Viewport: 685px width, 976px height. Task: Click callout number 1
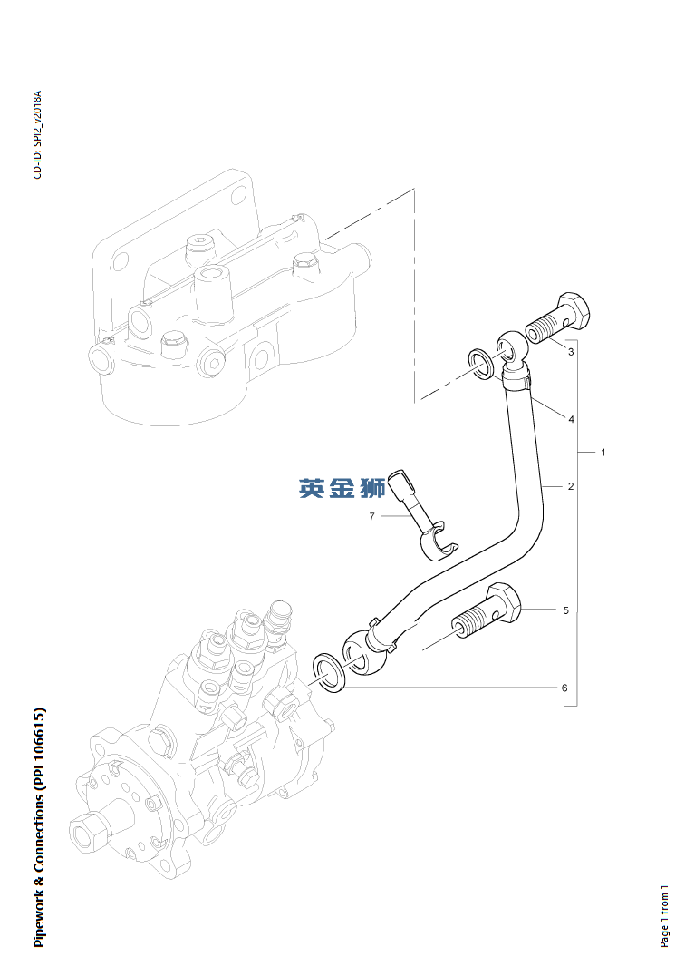click(x=603, y=452)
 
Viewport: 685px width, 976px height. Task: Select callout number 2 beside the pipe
click(x=571, y=487)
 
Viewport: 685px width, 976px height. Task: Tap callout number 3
click(x=571, y=351)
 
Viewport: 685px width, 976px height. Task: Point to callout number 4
click(x=571, y=419)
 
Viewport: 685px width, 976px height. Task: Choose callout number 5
click(x=565, y=610)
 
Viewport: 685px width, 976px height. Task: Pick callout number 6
click(x=564, y=688)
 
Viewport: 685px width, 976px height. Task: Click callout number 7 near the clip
click(x=371, y=516)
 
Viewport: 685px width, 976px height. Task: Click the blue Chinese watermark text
click(x=342, y=488)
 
